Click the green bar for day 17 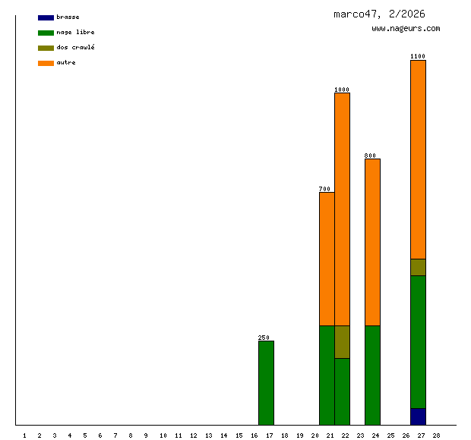266,382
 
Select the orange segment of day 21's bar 327,259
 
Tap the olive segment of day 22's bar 342,341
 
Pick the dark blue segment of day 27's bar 418,416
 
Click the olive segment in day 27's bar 418,267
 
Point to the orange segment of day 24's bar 372,242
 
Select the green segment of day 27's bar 418,341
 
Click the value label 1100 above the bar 418,56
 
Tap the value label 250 264,338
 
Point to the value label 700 324,189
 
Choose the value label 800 370,156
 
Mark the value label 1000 342,90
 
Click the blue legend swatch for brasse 46,17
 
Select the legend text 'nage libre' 75,33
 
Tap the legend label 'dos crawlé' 75,48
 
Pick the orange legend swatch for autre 46,63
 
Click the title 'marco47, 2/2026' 379,14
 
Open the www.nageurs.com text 406,29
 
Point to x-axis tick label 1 24,435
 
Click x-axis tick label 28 436,435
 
